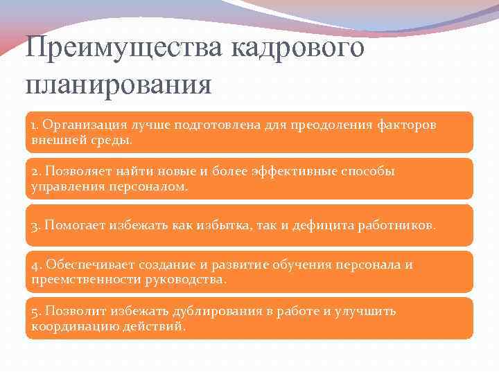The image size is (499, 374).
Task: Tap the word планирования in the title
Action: (x=118, y=86)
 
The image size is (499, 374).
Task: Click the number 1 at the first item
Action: (x=33, y=125)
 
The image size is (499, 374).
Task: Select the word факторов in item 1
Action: (x=408, y=125)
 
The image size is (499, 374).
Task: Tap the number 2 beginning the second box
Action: (x=34, y=171)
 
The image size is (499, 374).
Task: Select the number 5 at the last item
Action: (x=34, y=312)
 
